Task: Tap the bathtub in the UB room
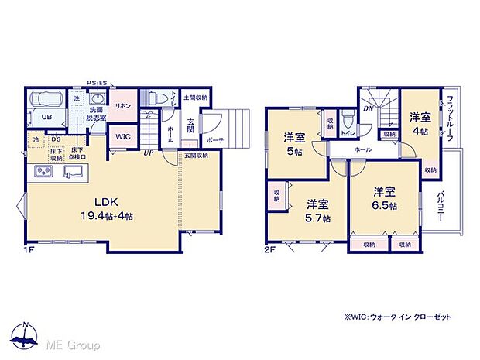coord(47,100)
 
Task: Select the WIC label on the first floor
coord(123,136)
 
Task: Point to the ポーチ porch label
coord(215,141)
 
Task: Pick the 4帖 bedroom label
coord(420,124)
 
